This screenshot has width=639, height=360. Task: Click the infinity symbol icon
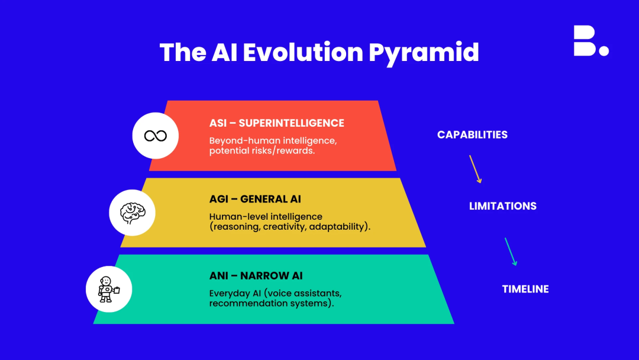pyautogui.click(x=155, y=136)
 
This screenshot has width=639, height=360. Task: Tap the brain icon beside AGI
pyautogui.click(x=133, y=213)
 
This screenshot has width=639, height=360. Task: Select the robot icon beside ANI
pyautogui.click(x=108, y=290)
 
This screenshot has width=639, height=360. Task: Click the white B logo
pyautogui.click(x=585, y=40)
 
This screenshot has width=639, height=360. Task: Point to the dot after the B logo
pyautogui.click(x=604, y=51)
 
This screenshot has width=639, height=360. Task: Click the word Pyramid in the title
pyautogui.click(x=424, y=53)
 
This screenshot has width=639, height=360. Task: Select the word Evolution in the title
pyautogui.click(x=303, y=52)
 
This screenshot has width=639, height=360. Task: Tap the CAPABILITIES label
pyautogui.click(x=472, y=135)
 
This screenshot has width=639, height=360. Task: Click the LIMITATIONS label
pyautogui.click(x=502, y=206)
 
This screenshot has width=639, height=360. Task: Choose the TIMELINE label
pyautogui.click(x=525, y=289)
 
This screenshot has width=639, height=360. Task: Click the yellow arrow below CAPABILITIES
pyautogui.click(x=475, y=169)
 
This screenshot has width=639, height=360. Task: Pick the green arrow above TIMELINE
pyautogui.click(x=511, y=252)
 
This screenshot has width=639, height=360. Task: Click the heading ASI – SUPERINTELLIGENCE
pyautogui.click(x=277, y=123)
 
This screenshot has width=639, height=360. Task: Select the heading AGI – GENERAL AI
pyautogui.click(x=255, y=199)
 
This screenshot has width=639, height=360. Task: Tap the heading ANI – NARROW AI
pyautogui.click(x=256, y=275)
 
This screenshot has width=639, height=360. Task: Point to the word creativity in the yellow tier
pyautogui.click(x=285, y=227)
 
